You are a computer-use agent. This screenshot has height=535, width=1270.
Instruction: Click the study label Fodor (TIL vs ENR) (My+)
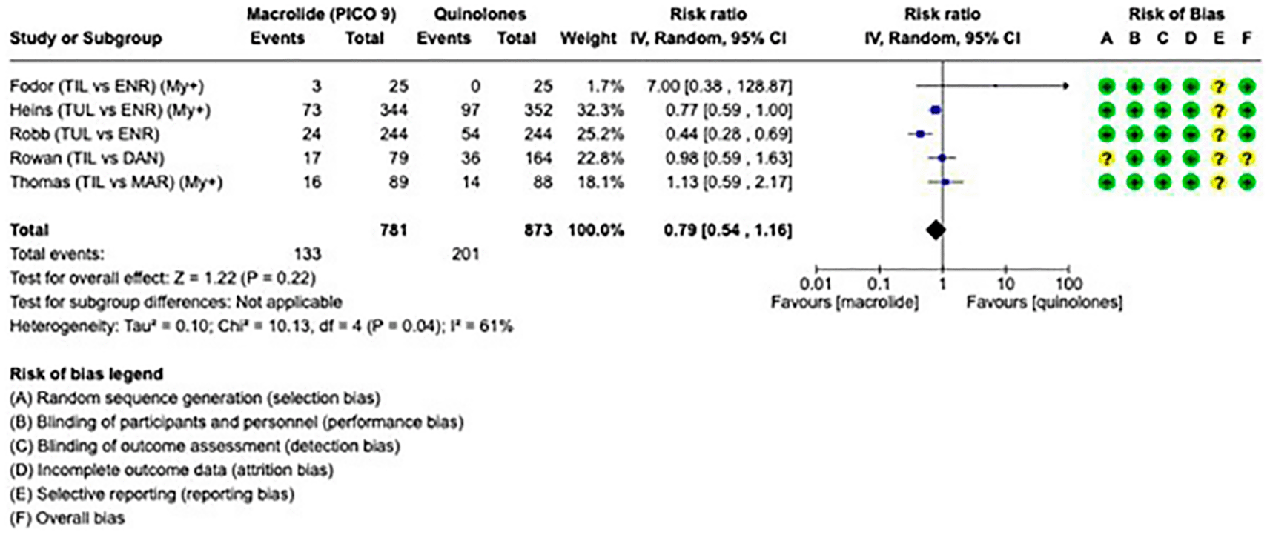108,86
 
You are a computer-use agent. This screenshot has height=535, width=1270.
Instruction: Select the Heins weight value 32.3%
601,110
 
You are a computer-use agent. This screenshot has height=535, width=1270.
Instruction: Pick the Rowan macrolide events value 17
312,158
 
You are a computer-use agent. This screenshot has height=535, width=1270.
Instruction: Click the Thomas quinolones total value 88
543,182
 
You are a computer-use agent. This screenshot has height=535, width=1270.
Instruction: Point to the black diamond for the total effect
936,230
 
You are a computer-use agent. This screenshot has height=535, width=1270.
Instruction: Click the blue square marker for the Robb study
919,134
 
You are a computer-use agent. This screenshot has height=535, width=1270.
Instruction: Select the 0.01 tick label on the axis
816,283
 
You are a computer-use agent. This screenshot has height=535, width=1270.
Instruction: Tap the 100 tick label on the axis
1069,283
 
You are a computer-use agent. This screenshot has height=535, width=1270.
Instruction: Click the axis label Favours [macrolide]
844,302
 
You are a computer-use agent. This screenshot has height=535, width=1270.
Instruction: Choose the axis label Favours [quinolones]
1045,302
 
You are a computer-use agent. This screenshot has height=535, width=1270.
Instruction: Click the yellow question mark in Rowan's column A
1106,159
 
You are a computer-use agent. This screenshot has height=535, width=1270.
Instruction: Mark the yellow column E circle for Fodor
1218,87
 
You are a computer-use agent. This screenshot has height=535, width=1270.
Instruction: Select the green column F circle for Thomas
1246,182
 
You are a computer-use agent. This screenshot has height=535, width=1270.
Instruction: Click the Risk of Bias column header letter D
1191,39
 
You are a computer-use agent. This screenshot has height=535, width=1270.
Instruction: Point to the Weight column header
588,39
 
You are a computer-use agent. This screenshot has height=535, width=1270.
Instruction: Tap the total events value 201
466,254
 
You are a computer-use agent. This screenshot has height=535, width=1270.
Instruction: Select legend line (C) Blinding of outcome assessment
205,446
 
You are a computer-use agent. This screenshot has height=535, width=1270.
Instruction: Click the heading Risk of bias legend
87,374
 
